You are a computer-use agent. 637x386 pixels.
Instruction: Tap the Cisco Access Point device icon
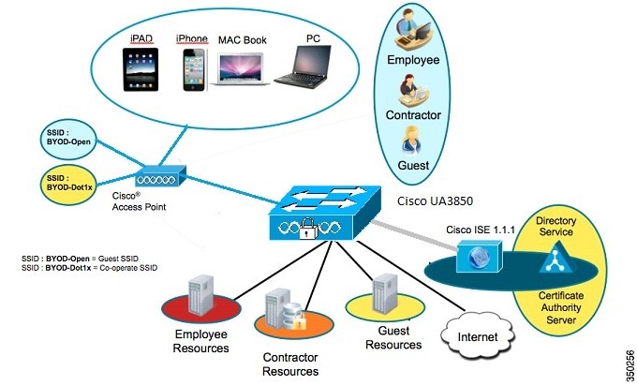pos(161,175)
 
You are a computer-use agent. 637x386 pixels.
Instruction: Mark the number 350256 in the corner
pos(627,362)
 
